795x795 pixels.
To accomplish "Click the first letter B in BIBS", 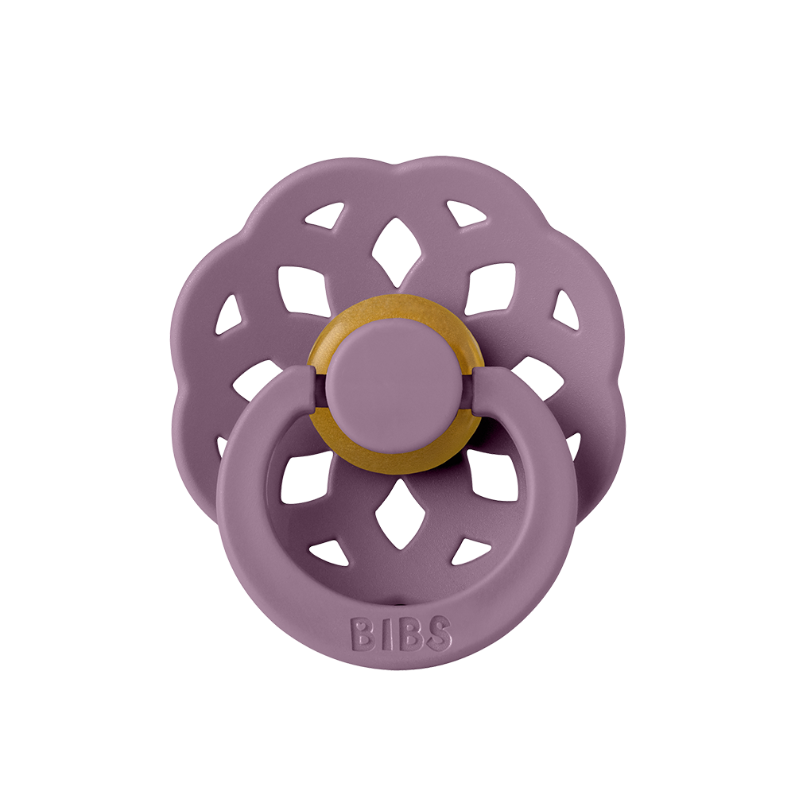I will click(363, 634).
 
